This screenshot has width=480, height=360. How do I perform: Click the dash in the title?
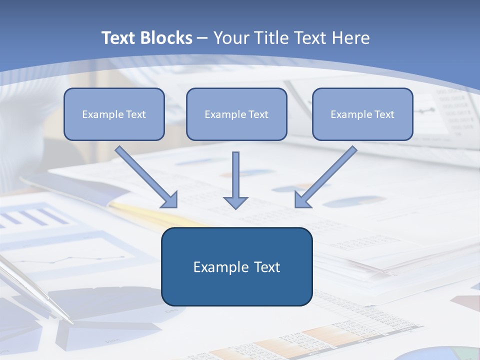tap(202, 38)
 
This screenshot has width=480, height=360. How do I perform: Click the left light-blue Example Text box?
tap(114, 114)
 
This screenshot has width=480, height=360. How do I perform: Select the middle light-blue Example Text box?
tap(236, 114)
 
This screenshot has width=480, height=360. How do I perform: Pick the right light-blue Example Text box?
tap(362, 114)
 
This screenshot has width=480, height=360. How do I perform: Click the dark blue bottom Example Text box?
tap(236, 266)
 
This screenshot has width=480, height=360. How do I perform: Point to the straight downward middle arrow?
tap(235, 175)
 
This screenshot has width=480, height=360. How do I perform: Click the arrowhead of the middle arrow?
tap(235, 202)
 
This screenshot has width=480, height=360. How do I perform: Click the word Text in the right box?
tap(384, 114)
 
